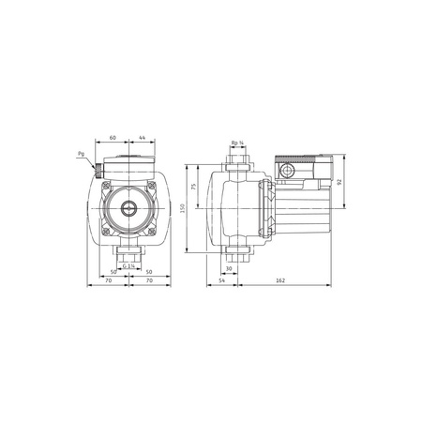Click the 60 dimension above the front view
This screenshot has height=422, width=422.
tap(113, 137)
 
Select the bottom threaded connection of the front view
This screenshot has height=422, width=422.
tap(129, 253)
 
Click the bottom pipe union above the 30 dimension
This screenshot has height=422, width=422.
tap(238, 249)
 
